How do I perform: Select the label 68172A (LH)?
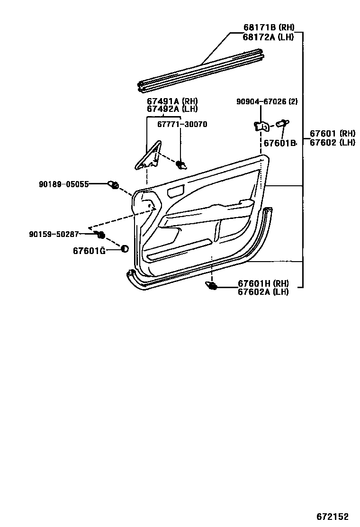(266, 37)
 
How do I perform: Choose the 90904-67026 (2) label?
(267, 101)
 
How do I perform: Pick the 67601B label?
(279, 143)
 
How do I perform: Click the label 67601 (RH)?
(333, 134)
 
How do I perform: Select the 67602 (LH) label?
(333, 142)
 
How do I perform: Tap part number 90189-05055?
(64, 184)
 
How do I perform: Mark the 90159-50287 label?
(54, 234)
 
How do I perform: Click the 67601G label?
(89, 250)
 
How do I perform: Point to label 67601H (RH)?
(263, 283)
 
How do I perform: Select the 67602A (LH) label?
(263, 291)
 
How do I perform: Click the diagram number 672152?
(333, 516)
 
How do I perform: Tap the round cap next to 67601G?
(124, 249)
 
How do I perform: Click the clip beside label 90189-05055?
(114, 185)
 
